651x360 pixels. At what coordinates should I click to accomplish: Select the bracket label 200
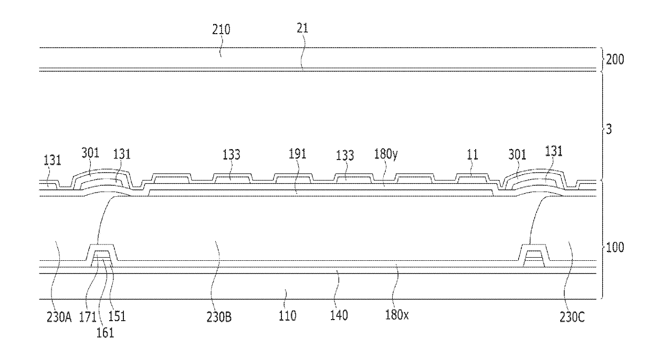click(615, 60)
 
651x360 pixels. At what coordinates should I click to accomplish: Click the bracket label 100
click(615, 247)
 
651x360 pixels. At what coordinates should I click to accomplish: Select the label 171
click(87, 316)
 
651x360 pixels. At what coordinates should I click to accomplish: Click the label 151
click(117, 316)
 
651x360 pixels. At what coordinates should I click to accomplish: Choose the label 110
click(288, 316)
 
